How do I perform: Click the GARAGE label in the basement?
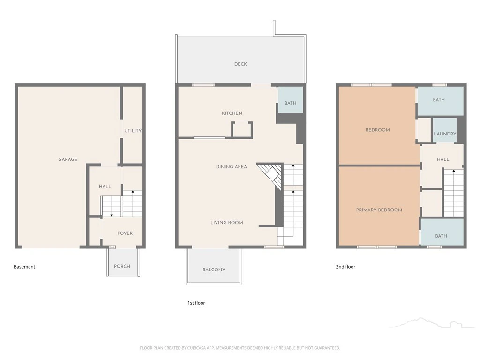(x=67, y=159)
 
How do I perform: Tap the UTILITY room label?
(x=133, y=131)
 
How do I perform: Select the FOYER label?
(x=125, y=233)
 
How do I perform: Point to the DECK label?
(x=240, y=64)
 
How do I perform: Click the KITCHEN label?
(x=232, y=113)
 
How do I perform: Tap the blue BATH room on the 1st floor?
(x=290, y=100)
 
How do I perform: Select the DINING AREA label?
(x=232, y=167)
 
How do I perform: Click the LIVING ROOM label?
(x=227, y=223)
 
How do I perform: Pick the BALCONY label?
(x=214, y=270)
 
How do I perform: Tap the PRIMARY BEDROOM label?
(x=379, y=210)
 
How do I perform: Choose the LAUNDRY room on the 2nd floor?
(x=444, y=130)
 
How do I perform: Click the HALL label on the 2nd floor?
(x=443, y=159)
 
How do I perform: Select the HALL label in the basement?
(x=105, y=186)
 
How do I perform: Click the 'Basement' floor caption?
(x=24, y=267)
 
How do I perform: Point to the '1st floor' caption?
(x=196, y=303)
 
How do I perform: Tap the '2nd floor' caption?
(x=345, y=267)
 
